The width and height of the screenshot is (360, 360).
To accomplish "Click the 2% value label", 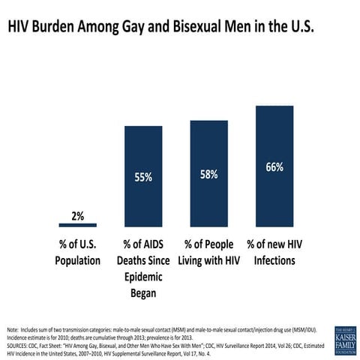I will pyautogui.click(x=77, y=216).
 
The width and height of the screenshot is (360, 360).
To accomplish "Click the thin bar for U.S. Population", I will pyautogui.click(x=77, y=224).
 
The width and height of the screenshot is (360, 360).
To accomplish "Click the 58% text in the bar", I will pyautogui.click(x=208, y=174).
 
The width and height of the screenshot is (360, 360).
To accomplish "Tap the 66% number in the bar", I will pyautogui.click(x=274, y=167).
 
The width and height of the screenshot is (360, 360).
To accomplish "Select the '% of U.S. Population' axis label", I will pyautogui.click(x=77, y=253).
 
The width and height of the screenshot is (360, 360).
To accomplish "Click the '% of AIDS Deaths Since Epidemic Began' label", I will pyautogui.click(x=143, y=268).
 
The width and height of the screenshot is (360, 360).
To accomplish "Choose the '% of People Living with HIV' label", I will pyautogui.click(x=208, y=253).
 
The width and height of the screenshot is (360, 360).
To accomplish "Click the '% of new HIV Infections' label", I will pyautogui.click(x=274, y=253).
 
